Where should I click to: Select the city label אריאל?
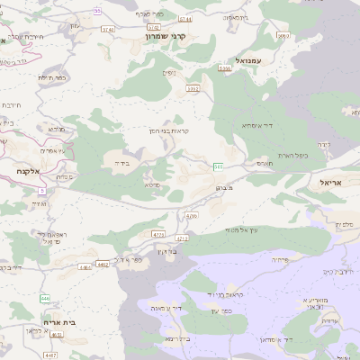point(333,182)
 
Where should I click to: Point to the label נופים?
point(167,73)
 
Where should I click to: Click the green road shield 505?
point(219,166)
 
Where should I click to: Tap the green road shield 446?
point(45,297)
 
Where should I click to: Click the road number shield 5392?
point(192,89)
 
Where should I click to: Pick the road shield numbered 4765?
point(158,234)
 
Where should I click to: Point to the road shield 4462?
point(103,265)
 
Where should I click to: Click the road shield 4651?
point(57,335)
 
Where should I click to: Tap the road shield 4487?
point(50,355)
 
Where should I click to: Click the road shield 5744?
point(185,18)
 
